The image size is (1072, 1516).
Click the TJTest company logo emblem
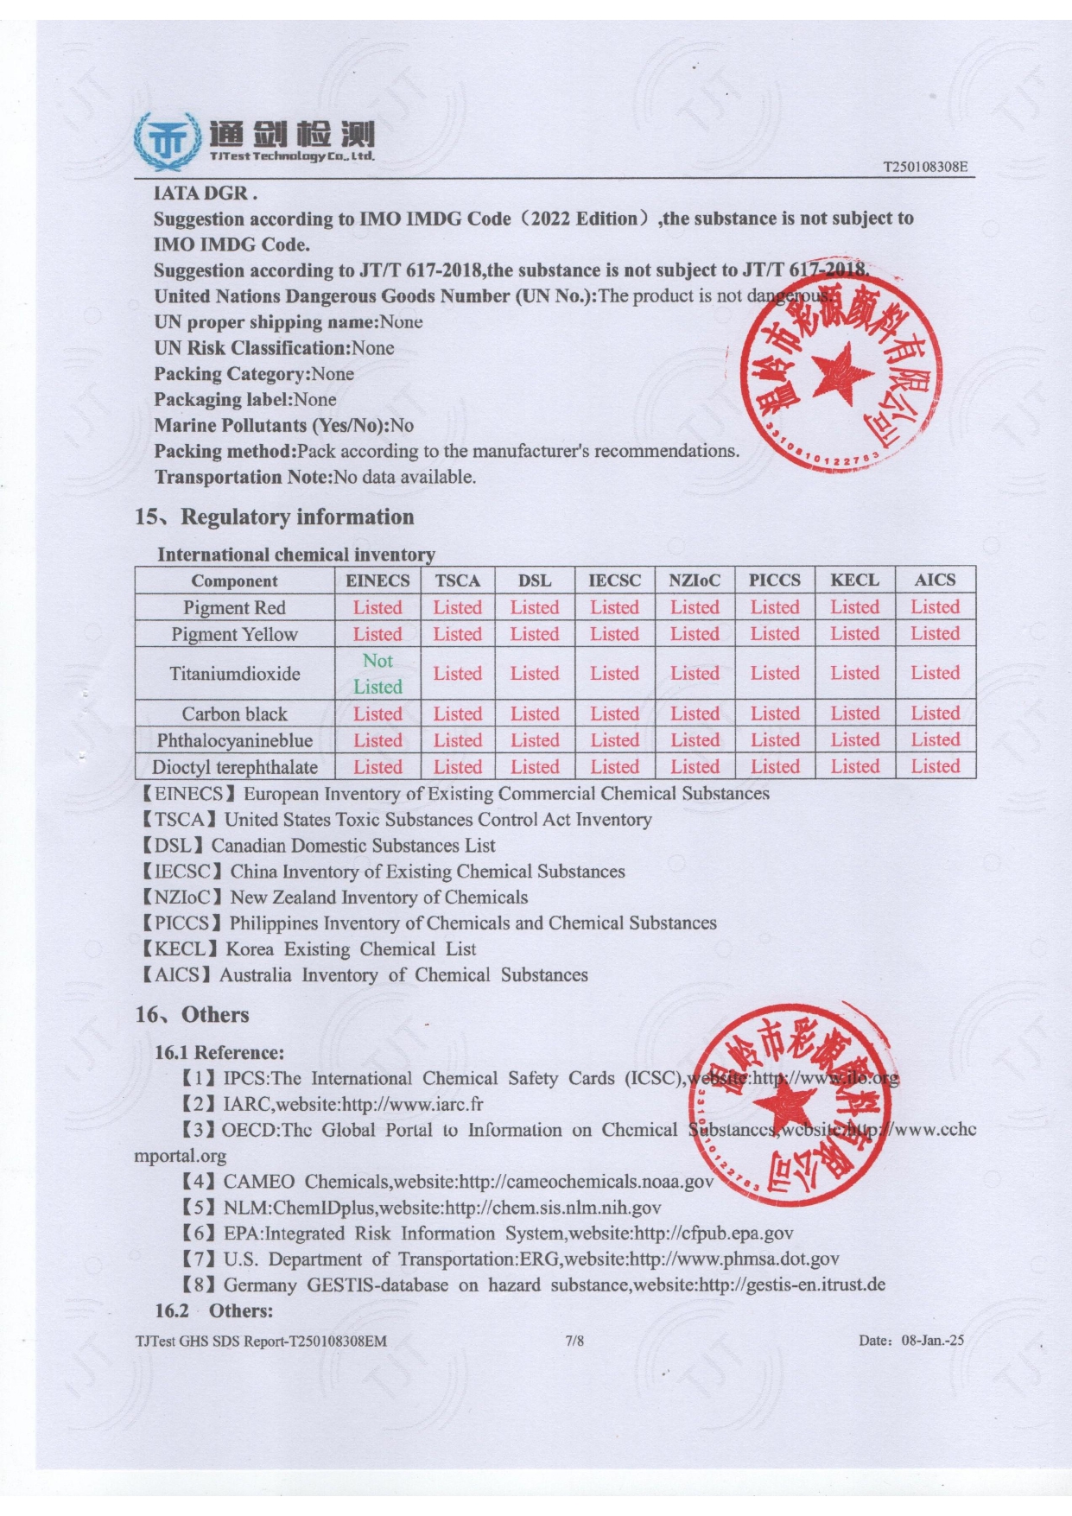(167, 141)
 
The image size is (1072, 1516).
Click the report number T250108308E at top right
(924, 167)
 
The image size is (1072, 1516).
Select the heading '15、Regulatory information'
(274, 517)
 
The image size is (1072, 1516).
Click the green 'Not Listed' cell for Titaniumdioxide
(377, 674)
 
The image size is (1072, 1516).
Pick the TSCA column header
(457, 580)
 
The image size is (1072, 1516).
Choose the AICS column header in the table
(935, 580)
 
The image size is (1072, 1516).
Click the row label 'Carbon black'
(234, 714)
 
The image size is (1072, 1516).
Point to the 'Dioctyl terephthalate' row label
(234, 767)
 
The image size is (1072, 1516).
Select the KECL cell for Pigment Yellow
(854, 634)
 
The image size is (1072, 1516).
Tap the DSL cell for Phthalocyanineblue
(534, 740)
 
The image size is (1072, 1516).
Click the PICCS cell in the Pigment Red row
(774, 607)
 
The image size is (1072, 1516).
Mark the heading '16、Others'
(192, 1015)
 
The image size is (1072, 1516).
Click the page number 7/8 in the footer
(574, 1341)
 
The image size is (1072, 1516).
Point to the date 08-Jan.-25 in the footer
(932, 1341)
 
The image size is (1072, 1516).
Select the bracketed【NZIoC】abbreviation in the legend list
(182, 898)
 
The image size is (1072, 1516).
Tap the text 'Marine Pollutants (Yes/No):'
(271, 425)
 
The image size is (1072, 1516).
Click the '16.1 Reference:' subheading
(219, 1052)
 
